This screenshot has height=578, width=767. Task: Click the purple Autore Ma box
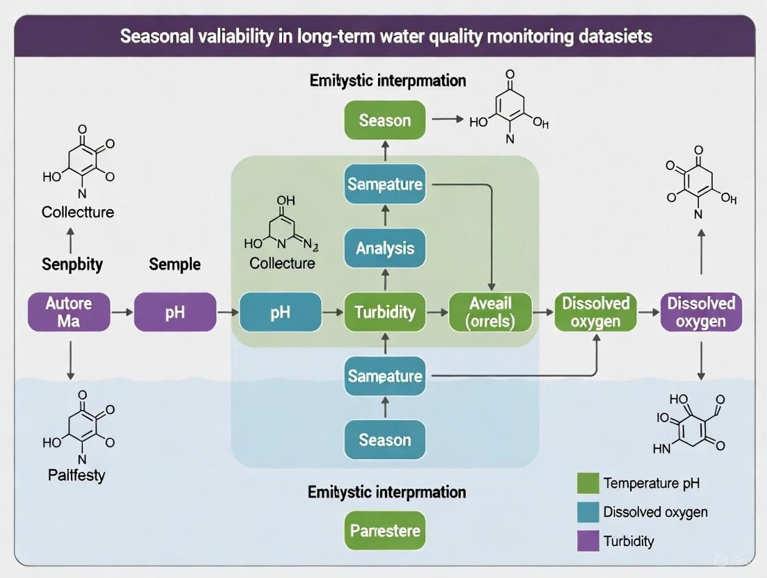pyautogui.click(x=69, y=312)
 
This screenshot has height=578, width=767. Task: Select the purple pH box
pyautogui.click(x=175, y=312)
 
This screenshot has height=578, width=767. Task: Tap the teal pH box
pyautogui.click(x=280, y=312)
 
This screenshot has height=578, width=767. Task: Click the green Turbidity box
pyautogui.click(x=385, y=312)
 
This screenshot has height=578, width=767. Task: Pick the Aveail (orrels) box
pyautogui.click(x=490, y=312)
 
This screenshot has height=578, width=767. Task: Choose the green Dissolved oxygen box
pyautogui.click(x=595, y=312)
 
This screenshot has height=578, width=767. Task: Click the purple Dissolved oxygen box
pyautogui.click(x=700, y=312)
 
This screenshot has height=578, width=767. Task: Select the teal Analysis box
pyautogui.click(x=385, y=248)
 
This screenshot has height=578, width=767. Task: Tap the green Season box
pyautogui.click(x=385, y=120)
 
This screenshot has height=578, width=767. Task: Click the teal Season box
pyautogui.click(x=385, y=440)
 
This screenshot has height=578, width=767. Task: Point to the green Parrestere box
pyautogui.click(x=385, y=531)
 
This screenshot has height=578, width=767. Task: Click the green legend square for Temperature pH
pyautogui.click(x=588, y=483)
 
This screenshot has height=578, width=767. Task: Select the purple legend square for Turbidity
pyautogui.click(x=588, y=540)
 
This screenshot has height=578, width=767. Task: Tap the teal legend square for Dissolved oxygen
pyautogui.click(x=588, y=512)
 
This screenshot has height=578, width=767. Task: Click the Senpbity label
pyautogui.click(x=72, y=264)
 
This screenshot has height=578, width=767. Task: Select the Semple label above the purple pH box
pyautogui.click(x=174, y=264)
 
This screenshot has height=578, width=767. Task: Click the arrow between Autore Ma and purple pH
pyautogui.click(x=122, y=313)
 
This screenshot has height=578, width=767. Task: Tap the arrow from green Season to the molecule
pyautogui.click(x=447, y=119)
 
